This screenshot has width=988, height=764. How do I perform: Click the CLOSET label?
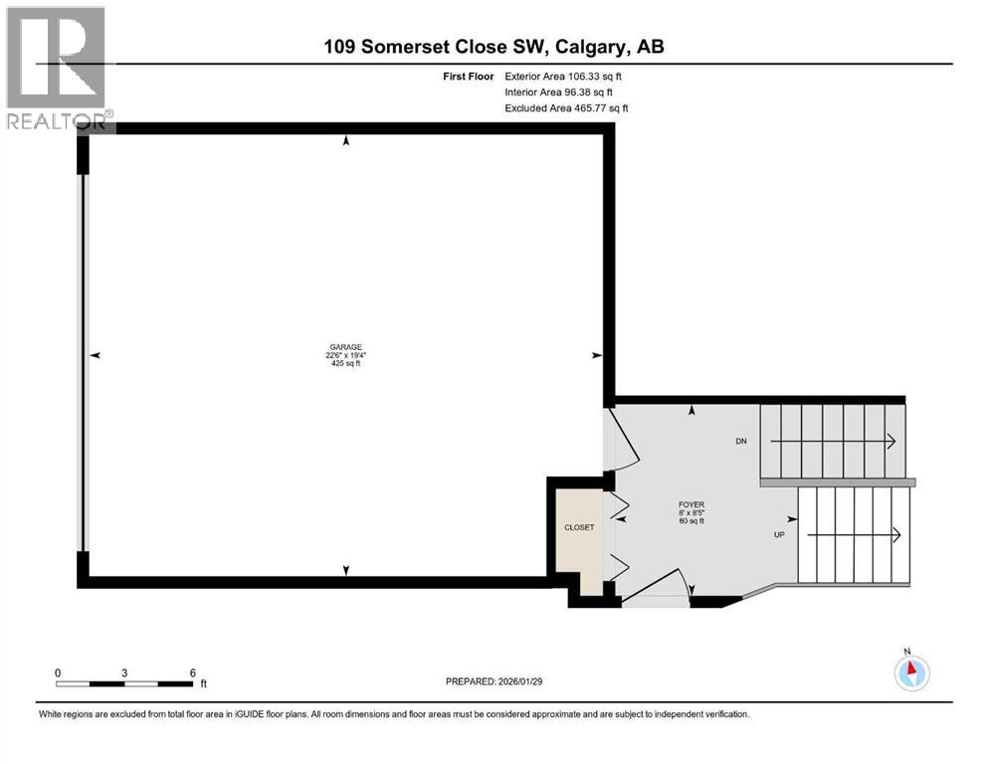click(578, 527)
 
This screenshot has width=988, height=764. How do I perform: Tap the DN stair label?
click(740, 441)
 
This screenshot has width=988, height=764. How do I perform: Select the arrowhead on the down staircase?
click(891, 441)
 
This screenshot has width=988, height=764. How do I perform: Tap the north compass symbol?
click(910, 671)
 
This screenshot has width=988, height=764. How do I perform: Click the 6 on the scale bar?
click(192, 672)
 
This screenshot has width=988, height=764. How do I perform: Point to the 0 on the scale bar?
click(59, 672)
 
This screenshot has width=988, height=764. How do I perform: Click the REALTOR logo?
click(58, 70)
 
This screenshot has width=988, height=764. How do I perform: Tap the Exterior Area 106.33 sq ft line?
click(567, 76)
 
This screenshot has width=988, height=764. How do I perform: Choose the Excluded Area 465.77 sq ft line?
click(567, 107)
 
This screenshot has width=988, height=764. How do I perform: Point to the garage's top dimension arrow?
click(346, 142)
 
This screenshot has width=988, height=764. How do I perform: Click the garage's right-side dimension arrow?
click(597, 355)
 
